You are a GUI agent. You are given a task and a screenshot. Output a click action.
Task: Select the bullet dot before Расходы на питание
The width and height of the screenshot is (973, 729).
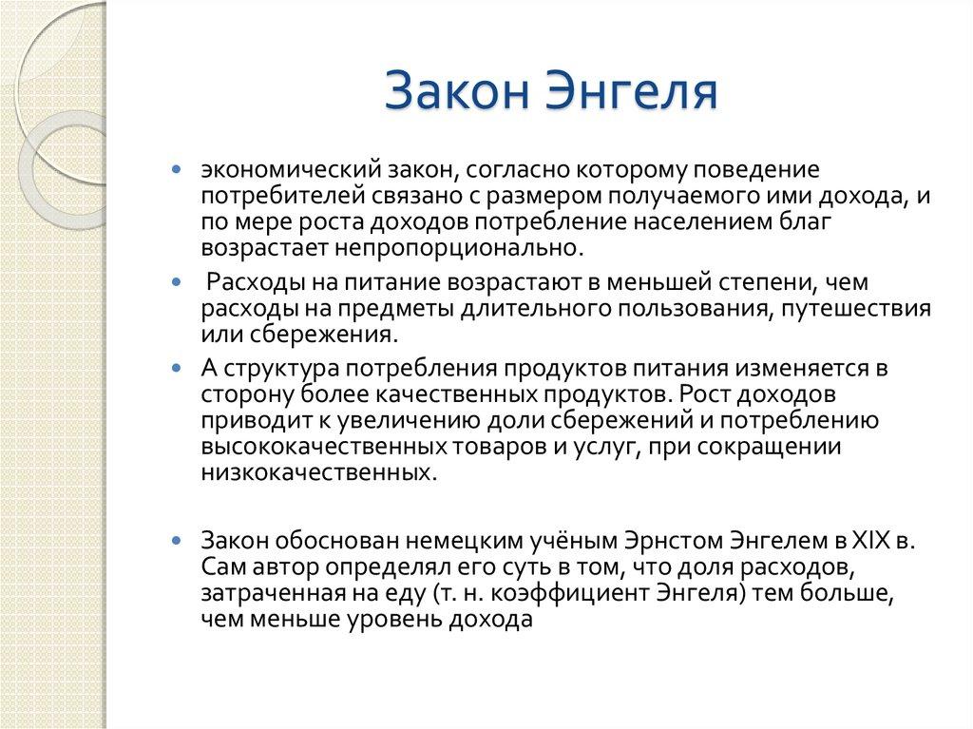point(176,283)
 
